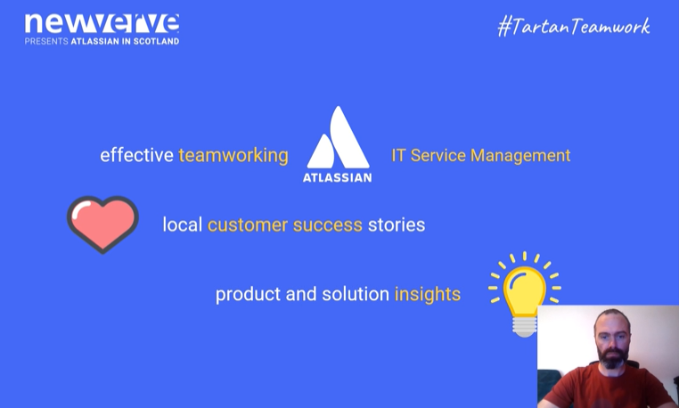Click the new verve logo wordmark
[102, 23]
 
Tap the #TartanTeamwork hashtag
[574, 27]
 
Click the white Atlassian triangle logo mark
[339, 137]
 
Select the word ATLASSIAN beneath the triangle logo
[338, 177]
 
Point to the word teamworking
[233, 156]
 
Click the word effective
[137, 155]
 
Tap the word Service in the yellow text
[438, 156]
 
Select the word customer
[247, 224]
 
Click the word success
[327, 225]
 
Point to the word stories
[397, 224]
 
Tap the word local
[183, 224]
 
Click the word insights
[428, 295]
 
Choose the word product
[248, 295]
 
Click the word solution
[356, 294]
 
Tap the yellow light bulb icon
[525, 295]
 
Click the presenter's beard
[612, 358]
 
